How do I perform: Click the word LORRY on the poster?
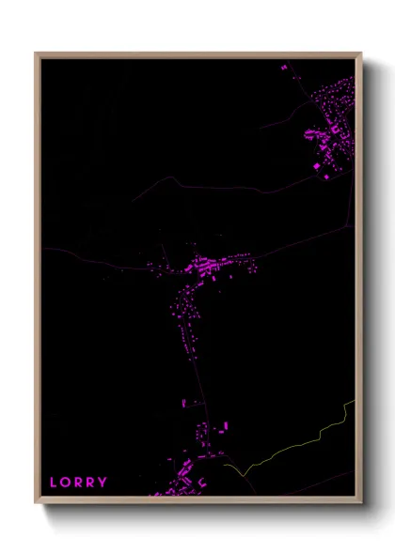(x=78, y=483)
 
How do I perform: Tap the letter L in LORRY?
(x=54, y=483)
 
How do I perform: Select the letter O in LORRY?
(x=65, y=483)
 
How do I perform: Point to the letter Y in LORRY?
(x=103, y=483)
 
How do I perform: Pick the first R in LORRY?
(x=78, y=483)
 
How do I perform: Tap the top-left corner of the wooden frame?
(x=37, y=54)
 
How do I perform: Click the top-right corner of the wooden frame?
(x=360, y=54)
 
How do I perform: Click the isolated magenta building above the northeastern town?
(x=284, y=68)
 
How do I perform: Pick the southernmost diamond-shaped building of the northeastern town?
(x=327, y=176)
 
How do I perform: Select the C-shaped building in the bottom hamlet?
(x=201, y=482)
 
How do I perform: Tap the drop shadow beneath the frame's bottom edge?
(x=197, y=513)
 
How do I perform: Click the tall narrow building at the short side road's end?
(x=183, y=403)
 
